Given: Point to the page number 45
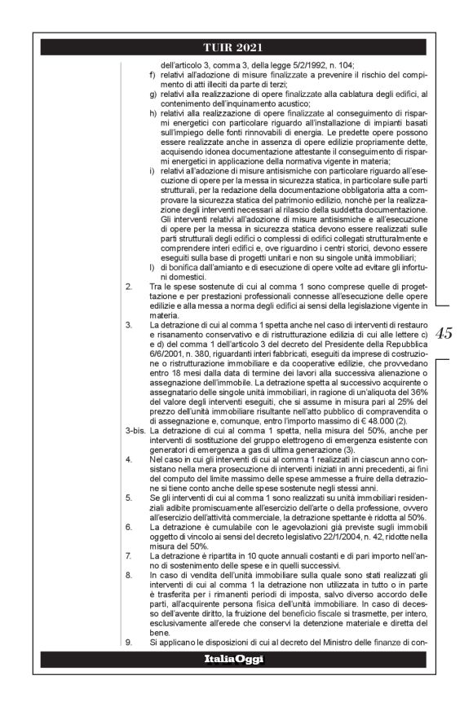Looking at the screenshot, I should pyautogui.click(x=445, y=332).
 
